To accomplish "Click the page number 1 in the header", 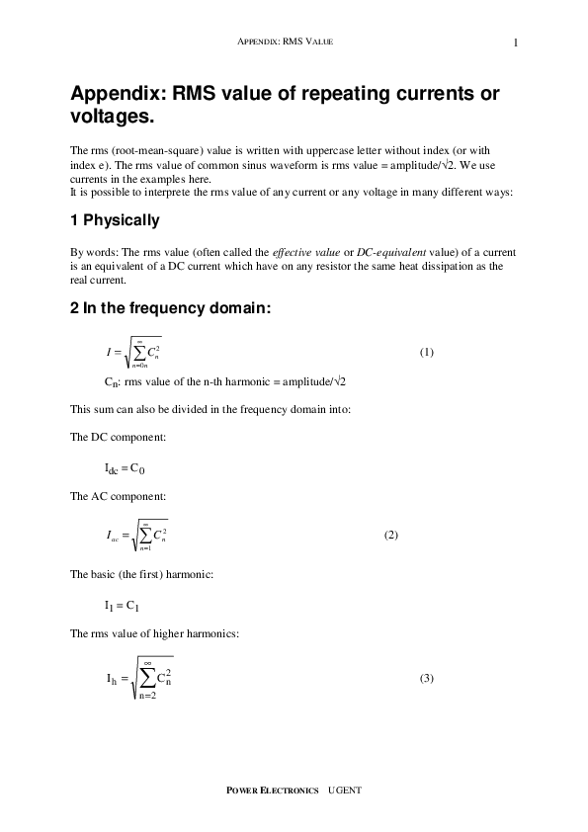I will (x=516, y=42).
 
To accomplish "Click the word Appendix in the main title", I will (x=119, y=95).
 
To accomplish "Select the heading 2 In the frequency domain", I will (x=170, y=309).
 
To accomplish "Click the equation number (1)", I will (x=426, y=352).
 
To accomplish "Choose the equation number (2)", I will (x=390, y=535).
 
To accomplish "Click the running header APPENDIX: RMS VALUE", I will (x=294, y=42).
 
